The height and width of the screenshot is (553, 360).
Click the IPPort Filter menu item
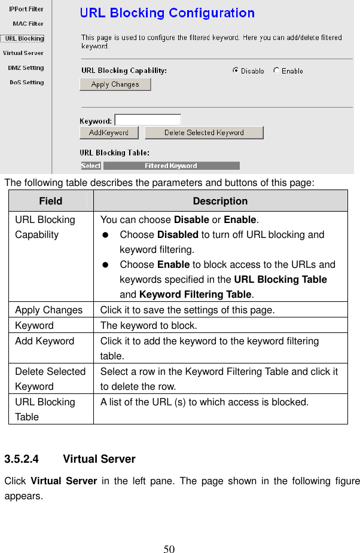point(26,9)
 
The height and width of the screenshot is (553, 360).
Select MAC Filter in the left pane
point(28,24)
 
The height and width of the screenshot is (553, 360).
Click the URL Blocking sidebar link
point(24,38)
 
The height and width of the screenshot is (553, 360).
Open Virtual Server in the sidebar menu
point(23,53)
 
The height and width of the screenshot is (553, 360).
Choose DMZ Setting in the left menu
point(26,68)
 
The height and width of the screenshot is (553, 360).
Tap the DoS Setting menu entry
point(26,83)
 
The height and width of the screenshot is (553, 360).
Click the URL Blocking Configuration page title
point(167,13)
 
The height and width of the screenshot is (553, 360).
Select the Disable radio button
point(236,71)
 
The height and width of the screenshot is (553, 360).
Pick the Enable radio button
point(276,71)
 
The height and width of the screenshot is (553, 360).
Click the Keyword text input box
point(148,120)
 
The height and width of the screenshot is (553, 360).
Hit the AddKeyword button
point(109,133)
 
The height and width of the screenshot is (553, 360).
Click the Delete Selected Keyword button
point(204,133)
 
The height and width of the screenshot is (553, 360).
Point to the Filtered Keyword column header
point(171,166)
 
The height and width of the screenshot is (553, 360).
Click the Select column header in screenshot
point(91,166)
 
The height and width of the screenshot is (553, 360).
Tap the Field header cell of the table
point(51,201)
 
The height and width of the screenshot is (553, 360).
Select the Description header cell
point(220,201)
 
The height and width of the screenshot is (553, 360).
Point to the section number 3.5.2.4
point(22,459)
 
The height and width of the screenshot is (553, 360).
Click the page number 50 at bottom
point(169,549)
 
